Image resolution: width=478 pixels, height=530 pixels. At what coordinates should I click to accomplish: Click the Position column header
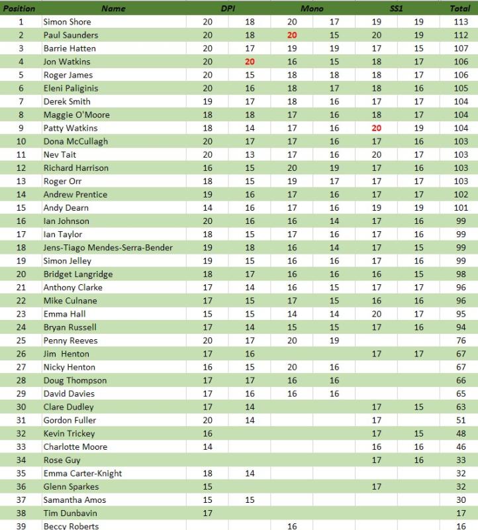tap(19, 9)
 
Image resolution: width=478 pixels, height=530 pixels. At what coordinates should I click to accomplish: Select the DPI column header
tap(228, 9)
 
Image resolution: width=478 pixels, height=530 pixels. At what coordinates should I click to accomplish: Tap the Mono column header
tap(312, 9)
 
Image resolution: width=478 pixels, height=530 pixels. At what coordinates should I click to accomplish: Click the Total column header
tap(460, 9)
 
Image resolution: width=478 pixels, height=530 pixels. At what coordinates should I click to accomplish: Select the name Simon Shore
tap(68, 22)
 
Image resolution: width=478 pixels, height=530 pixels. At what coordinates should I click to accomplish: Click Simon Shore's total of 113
tap(460, 22)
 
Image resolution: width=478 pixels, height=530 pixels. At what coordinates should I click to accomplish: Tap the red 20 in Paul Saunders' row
tap(292, 35)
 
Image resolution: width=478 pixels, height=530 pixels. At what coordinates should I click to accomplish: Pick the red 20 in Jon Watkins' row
tap(250, 62)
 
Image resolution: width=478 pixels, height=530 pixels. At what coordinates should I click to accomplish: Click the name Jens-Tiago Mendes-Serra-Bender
tap(108, 248)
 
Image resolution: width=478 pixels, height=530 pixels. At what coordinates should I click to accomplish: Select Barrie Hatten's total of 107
tap(460, 48)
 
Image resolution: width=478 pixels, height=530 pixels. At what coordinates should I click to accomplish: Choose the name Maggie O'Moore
tap(76, 115)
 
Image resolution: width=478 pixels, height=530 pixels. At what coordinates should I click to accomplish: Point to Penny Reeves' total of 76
tap(461, 341)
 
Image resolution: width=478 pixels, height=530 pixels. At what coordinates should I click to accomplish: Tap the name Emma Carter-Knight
tap(83, 473)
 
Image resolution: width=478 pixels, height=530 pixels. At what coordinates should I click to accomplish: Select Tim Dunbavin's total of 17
tap(461, 513)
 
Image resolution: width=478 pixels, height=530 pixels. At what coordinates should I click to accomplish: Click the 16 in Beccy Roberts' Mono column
tap(292, 525)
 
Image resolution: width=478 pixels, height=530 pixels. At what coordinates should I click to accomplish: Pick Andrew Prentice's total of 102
tap(460, 194)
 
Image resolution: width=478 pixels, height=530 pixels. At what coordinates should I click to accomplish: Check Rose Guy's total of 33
tap(461, 460)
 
